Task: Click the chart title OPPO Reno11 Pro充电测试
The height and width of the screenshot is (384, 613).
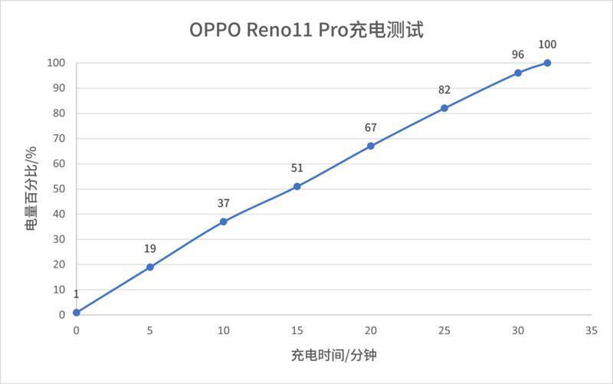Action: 306,31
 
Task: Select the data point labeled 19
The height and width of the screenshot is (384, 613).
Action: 150,267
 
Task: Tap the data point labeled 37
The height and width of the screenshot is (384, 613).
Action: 224,222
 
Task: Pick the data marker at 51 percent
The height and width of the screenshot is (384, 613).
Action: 297,186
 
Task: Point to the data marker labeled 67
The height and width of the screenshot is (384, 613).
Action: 371,146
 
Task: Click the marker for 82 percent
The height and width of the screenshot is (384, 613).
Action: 444,108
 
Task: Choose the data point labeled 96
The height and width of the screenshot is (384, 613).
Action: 518,73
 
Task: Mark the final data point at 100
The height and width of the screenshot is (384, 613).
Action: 547,63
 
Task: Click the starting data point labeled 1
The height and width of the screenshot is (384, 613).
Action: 77,312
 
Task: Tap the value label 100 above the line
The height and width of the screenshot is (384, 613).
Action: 547,44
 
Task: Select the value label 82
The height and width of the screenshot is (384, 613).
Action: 444,90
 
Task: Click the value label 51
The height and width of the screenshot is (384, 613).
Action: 297,168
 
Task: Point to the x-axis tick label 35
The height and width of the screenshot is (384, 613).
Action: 591,330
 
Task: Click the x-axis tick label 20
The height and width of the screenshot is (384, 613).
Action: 371,330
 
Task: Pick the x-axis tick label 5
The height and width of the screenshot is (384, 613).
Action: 150,330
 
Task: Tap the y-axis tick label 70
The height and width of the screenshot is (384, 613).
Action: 59,139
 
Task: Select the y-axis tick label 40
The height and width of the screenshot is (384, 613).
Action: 59,214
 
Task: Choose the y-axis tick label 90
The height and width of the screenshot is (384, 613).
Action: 59,88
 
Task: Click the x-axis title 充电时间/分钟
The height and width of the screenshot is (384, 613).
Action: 333,356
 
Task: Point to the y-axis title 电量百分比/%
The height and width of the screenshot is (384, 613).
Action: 31,189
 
